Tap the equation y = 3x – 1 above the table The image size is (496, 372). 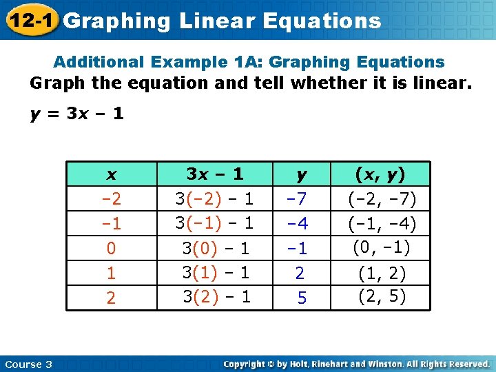pyautogui.click(x=77, y=114)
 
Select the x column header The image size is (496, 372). pyautogui.click(x=112, y=174)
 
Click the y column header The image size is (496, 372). pyautogui.click(x=300, y=174)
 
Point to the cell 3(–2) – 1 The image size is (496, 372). pyautogui.click(x=214, y=199)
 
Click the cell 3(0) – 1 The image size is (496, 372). pyautogui.click(x=215, y=248)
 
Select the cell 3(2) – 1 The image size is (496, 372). pyautogui.click(x=215, y=297)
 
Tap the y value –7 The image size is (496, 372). pyautogui.click(x=299, y=200)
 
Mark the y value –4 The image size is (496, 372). pyautogui.click(x=299, y=224)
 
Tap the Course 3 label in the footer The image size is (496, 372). pyautogui.click(x=28, y=364)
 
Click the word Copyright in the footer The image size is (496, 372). pyautogui.click(x=246, y=364)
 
